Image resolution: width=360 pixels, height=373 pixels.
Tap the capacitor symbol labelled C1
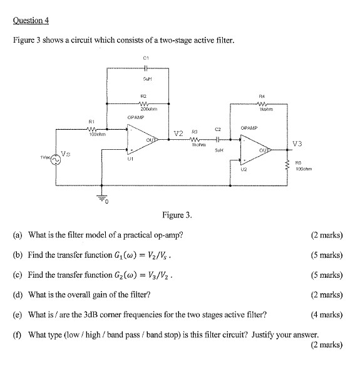[x=145, y=68]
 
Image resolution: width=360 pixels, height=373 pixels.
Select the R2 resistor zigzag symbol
[x=145, y=104]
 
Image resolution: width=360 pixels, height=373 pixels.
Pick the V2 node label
[x=178, y=134]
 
